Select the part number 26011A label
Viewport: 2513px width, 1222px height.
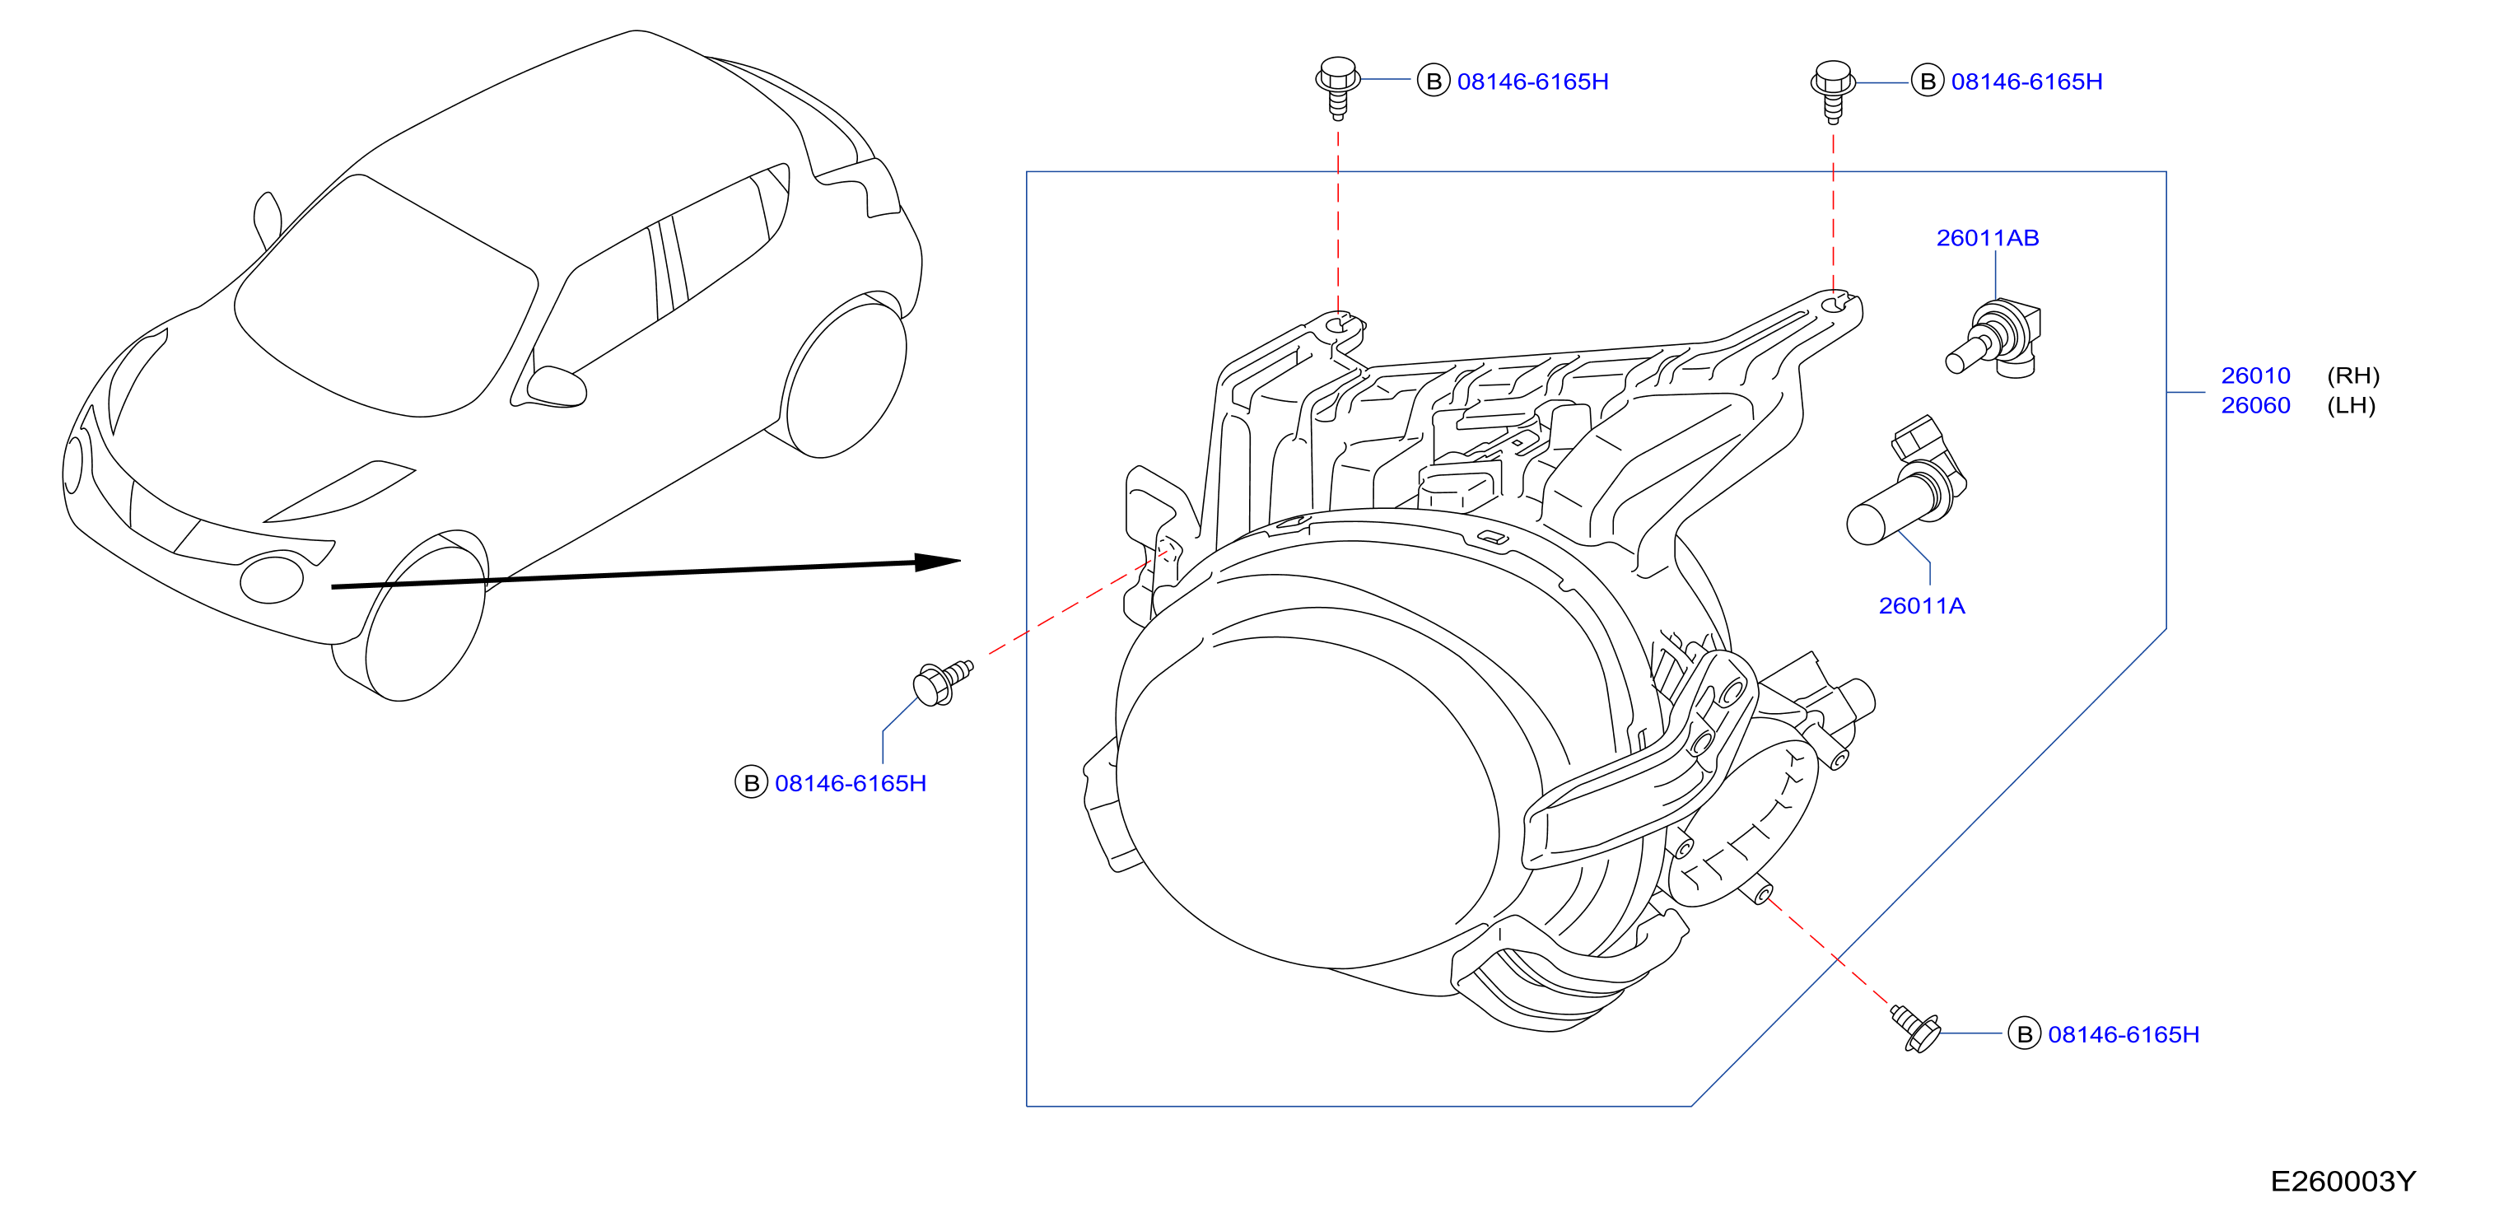(1921, 605)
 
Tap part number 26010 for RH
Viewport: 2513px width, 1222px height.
(2255, 375)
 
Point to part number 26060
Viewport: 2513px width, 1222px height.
(2255, 405)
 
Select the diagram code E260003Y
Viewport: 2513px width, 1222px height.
(2343, 1181)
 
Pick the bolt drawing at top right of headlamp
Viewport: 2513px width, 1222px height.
(1833, 91)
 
